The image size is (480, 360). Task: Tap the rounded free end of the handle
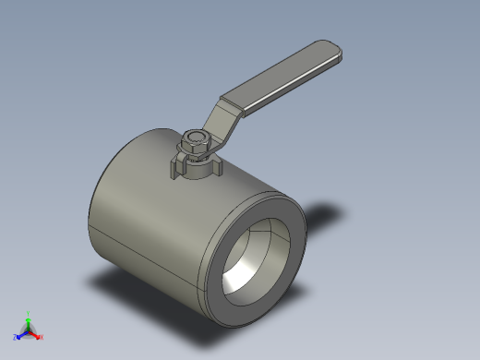pyautogui.click(x=334, y=50)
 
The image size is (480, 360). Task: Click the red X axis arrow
pyautogui.click(x=36, y=335)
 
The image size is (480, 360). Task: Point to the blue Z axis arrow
pyautogui.click(x=20, y=335)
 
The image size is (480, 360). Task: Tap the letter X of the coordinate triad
pyautogui.click(x=42, y=338)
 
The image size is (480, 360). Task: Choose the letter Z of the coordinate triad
pyautogui.click(x=15, y=338)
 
